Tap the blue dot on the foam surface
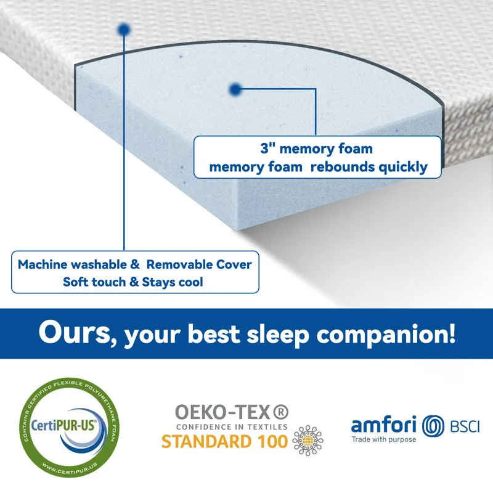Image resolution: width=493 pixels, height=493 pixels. tap(234, 90)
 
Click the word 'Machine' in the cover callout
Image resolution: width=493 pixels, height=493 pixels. tap(43, 265)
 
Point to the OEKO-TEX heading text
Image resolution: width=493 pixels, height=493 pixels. tap(232, 412)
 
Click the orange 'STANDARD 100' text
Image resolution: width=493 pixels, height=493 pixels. tap(224, 441)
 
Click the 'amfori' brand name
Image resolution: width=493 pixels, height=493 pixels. tap(384, 425)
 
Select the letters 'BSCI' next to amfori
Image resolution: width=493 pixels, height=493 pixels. tap(465, 426)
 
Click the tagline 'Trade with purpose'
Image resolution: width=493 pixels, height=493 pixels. tap(383, 439)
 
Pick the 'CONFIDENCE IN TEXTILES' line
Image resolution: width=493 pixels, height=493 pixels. tap(232, 426)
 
